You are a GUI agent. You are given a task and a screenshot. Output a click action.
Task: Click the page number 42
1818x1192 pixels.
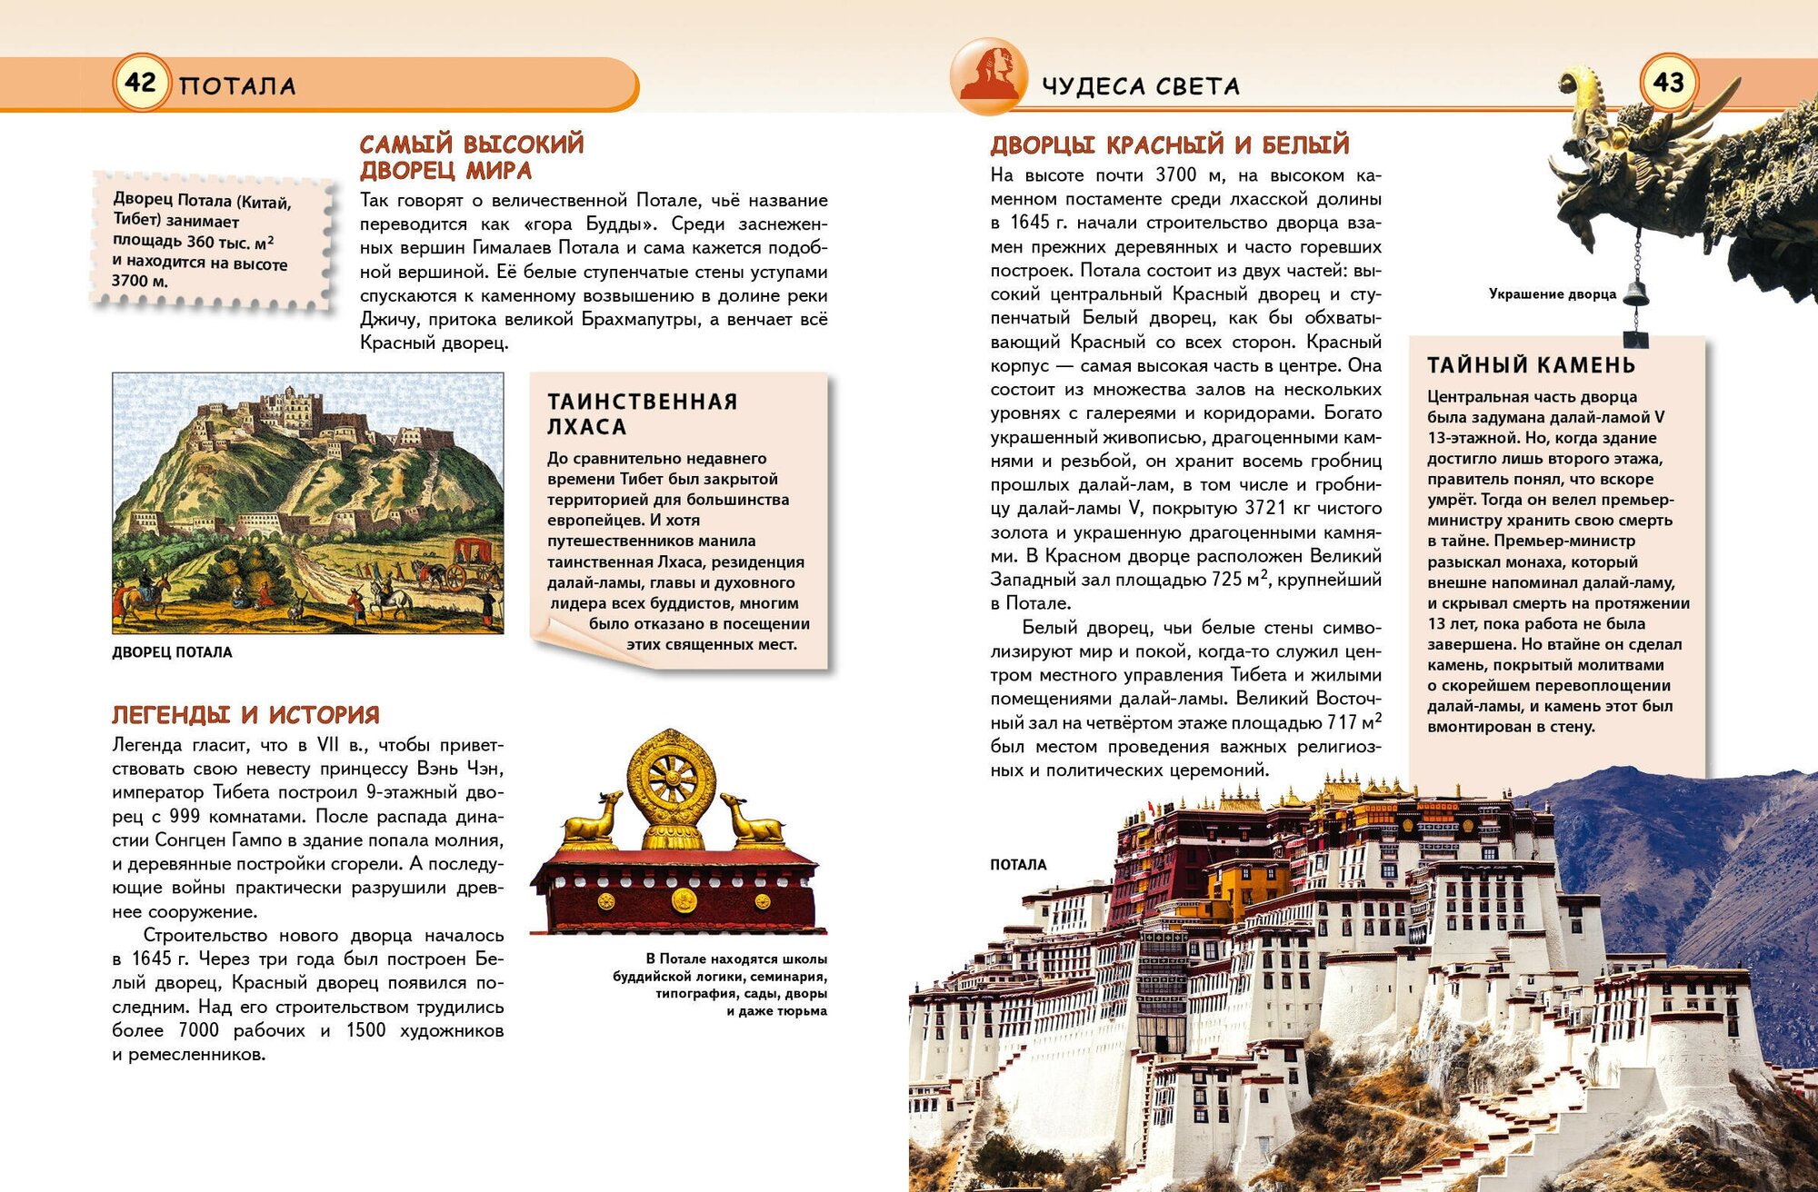tap(140, 83)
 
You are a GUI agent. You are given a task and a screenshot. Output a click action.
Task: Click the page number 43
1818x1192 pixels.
tap(1668, 83)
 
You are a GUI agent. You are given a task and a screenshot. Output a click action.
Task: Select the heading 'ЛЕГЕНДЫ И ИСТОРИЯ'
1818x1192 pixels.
tap(245, 715)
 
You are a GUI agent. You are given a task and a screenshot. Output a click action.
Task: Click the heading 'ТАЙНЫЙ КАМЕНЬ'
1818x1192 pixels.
tap(1531, 365)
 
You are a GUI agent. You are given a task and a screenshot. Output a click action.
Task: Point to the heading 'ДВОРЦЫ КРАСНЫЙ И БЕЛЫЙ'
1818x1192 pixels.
tap(1170, 144)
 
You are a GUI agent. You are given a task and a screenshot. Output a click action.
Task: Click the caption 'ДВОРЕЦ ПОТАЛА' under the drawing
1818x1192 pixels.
tap(172, 652)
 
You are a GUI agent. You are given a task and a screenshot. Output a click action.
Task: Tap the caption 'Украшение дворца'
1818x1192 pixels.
tap(1552, 294)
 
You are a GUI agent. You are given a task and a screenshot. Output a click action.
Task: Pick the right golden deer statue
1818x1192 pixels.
tap(752, 819)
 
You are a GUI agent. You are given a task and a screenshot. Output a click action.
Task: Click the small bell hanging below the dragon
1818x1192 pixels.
tap(1636, 293)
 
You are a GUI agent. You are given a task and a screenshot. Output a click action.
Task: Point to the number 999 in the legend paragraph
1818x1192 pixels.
tap(185, 817)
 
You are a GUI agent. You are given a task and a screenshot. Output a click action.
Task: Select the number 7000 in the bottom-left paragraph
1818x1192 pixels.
tap(198, 1030)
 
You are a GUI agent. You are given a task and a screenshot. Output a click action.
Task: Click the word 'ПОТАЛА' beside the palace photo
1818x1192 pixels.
tap(1018, 865)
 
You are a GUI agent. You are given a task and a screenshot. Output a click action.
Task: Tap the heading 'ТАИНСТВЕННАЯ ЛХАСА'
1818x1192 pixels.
tap(642, 413)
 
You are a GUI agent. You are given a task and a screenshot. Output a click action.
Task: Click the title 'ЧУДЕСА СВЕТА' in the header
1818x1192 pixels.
tap(1140, 86)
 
